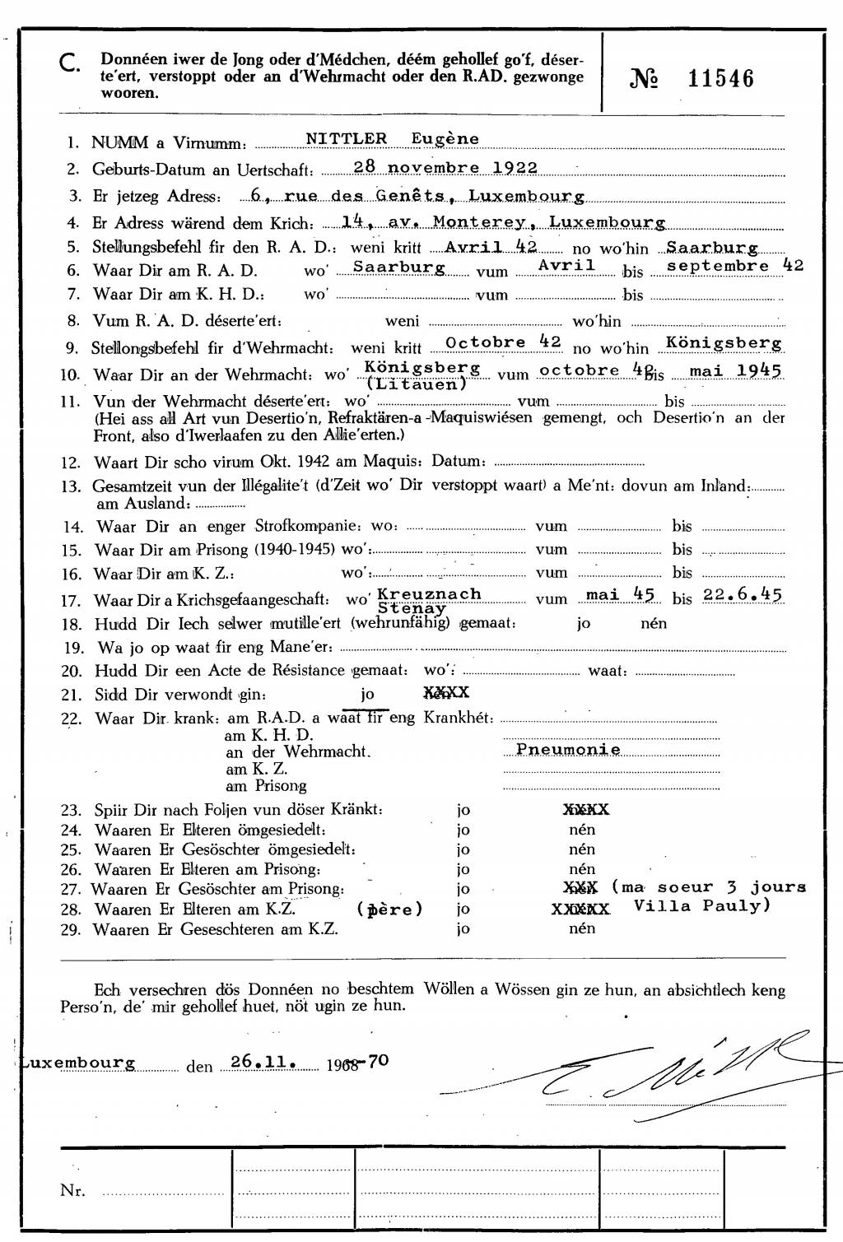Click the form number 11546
pos(720,79)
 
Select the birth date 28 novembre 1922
pos(445,167)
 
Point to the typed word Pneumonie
pos(568,750)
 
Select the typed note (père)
pos(389,909)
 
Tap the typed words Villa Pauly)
pos(702,906)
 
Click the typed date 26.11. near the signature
pos(264,1062)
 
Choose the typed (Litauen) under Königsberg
pos(417,383)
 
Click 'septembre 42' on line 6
pos(734,266)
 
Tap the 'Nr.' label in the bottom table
pos(72,1190)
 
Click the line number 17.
pos(72,602)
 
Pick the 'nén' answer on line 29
pos(582,928)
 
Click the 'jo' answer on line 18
pos(584,623)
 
